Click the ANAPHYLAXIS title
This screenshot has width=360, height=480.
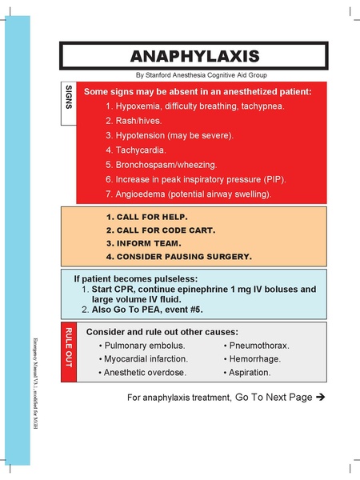coord(194,56)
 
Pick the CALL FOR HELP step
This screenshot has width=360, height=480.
coord(146,218)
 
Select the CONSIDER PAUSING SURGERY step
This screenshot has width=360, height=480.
coord(179,257)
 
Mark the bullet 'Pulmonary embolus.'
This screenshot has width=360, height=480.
coord(144,346)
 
